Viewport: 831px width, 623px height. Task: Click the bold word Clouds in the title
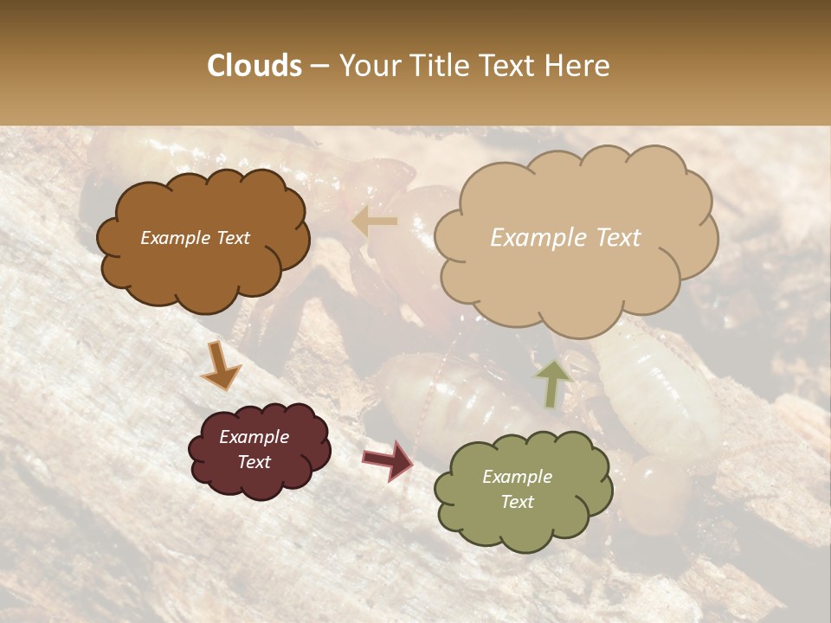pos(254,66)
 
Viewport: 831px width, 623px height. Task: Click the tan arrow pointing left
pos(374,222)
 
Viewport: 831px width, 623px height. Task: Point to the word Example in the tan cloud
pos(531,238)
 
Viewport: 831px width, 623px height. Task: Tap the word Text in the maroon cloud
pos(254,462)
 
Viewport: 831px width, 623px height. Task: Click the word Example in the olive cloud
pos(517,477)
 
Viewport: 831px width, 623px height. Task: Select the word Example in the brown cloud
pos(175,238)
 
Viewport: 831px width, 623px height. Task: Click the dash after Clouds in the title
pos(319,67)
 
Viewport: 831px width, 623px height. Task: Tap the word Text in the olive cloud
pos(517,502)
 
